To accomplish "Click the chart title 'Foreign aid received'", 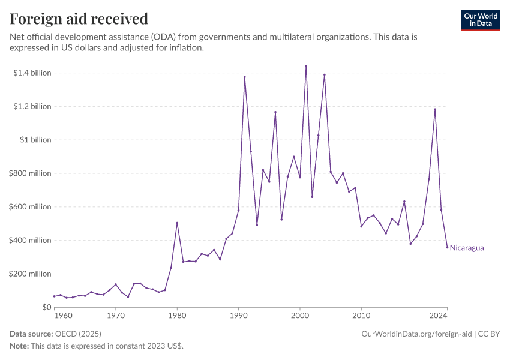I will pos(79,19).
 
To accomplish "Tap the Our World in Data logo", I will pos(480,20).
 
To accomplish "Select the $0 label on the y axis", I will pos(46,307).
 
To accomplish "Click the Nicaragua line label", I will pos(467,248).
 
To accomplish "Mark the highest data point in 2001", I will pos(306,66).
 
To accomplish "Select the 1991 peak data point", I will pos(245,77).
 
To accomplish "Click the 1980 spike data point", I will pos(177,223).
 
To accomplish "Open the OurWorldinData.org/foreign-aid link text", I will pos(415,334).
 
